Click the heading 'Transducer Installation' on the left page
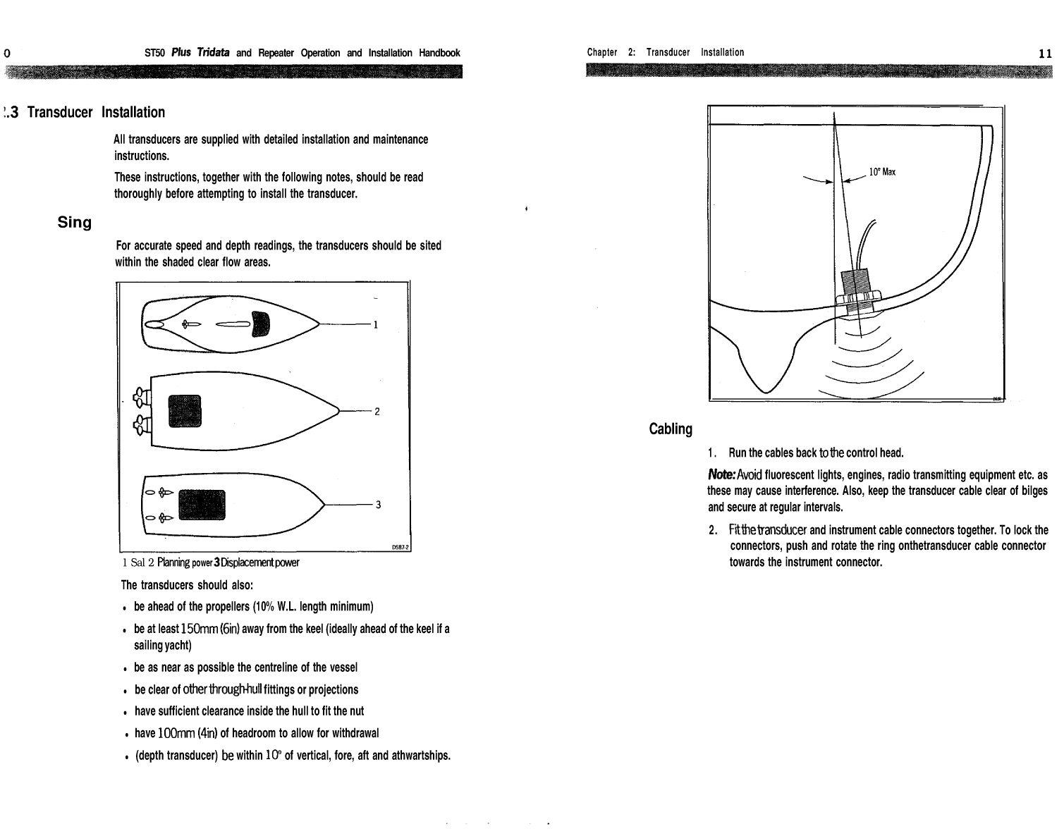pyautogui.click(x=96, y=113)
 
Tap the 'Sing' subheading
pyautogui.click(x=74, y=223)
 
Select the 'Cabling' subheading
pyautogui.click(x=670, y=429)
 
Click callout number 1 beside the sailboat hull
pyautogui.click(x=377, y=325)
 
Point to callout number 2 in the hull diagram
pyautogui.click(x=377, y=412)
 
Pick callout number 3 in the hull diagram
pyautogui.click(x=379, y=505)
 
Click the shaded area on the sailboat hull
pyautogui.click(x=261, y=323)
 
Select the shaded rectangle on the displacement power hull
pyautogui.click(x=202, y=504)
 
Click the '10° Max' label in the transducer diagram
pyautogui.click(x=881, y=171)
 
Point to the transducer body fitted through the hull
pyautogui.click(x=856, y=290)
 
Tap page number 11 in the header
pyautogui.click(x=1045, y=53)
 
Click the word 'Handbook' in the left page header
pyautogui.click(x=439, y=53)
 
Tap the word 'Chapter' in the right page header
pyautogui.click(x=601, y=52)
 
